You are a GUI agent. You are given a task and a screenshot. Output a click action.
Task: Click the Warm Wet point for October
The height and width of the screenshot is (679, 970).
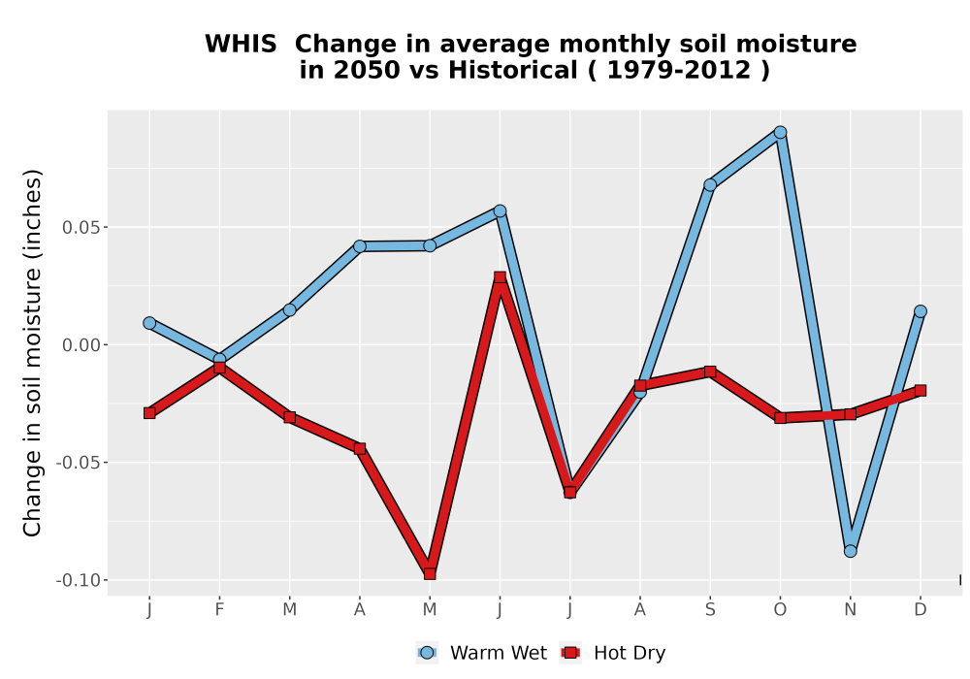coord(780,132)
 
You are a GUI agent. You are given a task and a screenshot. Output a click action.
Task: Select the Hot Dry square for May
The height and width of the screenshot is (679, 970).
coord(430,574)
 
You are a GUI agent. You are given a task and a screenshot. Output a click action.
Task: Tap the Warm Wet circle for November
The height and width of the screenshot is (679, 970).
coord(851,551)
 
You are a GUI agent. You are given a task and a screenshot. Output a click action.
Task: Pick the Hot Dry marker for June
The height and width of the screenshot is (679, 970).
coord(500,277)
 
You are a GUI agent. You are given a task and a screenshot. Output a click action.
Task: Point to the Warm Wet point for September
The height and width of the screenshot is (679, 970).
coord(710,185)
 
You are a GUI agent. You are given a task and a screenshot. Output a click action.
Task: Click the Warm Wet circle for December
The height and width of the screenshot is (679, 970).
coord(921,311)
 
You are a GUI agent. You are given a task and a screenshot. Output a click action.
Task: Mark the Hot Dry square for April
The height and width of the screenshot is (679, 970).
coord(360,448)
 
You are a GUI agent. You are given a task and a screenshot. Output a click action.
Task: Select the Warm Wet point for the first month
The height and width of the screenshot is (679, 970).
coord(149,323)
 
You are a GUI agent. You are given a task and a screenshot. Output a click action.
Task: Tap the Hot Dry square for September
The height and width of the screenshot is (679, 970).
coord(710,372)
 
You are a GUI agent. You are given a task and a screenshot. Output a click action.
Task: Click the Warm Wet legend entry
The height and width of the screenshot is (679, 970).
coord(481,653)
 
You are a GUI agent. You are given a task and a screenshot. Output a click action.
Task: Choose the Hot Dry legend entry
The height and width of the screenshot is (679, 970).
coord(612,653)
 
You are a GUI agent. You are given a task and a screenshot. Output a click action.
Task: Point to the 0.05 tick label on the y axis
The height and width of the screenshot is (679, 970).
coord(81,228)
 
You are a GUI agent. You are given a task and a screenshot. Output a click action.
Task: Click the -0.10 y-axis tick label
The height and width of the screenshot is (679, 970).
coord(78,581)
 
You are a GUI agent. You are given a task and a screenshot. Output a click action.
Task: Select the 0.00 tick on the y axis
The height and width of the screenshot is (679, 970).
coord(81,345)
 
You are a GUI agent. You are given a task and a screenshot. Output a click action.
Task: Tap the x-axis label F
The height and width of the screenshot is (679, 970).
coord(219,610)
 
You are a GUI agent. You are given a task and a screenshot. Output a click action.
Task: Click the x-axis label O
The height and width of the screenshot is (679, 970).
coord(780,610)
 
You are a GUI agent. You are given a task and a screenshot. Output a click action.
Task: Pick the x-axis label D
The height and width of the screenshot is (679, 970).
coord(921,610)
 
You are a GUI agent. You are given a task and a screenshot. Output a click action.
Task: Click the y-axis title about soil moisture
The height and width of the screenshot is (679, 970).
coord(32,353)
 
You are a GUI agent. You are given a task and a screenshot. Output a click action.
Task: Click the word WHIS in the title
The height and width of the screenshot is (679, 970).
coord(241,45)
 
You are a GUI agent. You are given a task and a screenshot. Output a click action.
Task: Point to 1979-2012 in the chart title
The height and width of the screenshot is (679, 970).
coord(679,70)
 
